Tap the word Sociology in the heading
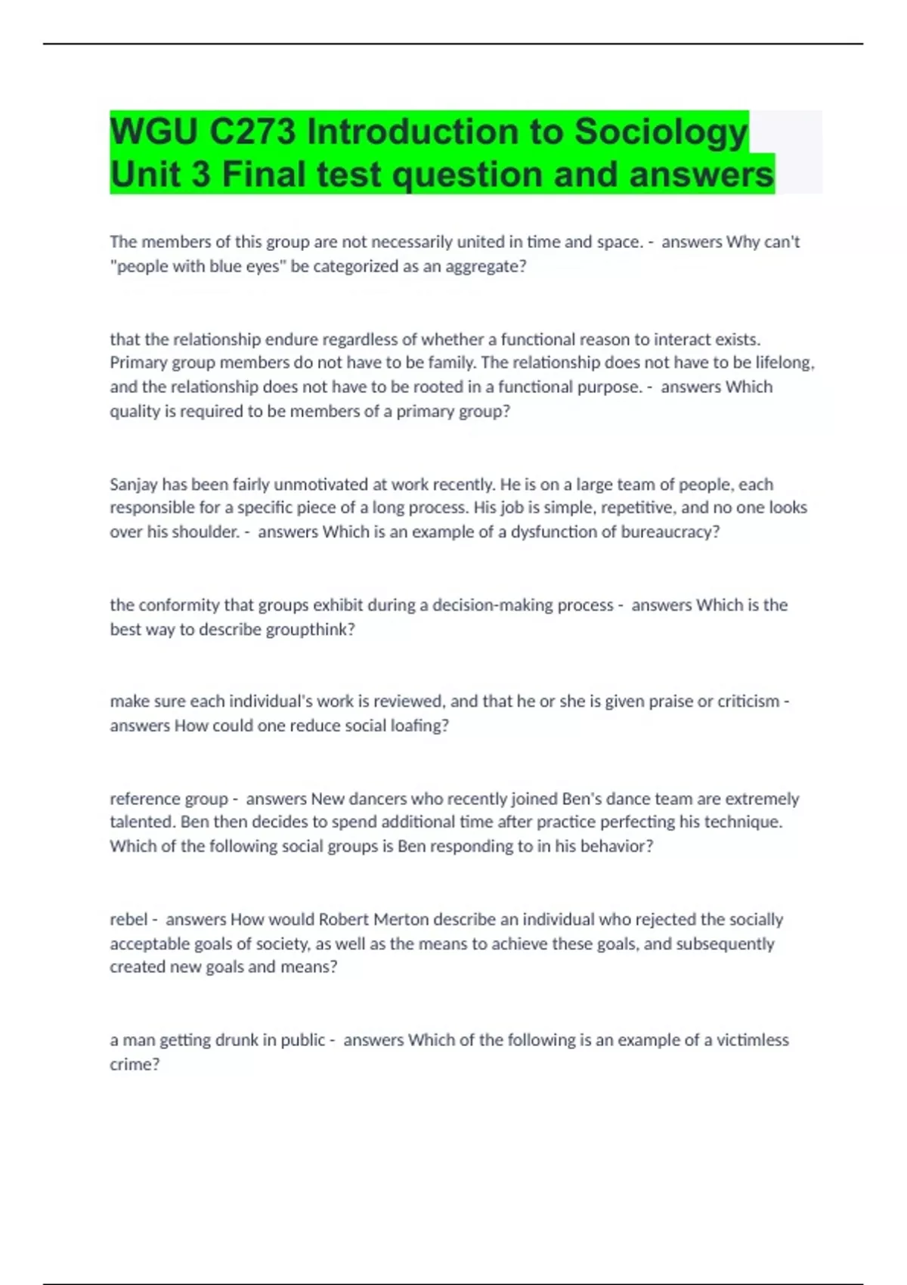[661, 132]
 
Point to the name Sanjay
[133, 485]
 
